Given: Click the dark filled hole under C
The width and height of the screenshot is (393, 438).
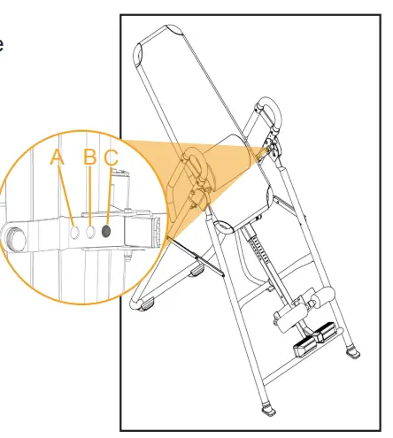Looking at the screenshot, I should pyautogui.click(x=107, y=231).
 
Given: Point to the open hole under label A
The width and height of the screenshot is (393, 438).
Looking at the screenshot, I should pyautogui.click(x=75, y=231).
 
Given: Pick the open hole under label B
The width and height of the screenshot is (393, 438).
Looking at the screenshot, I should pyautogui.click(x=91, y=231).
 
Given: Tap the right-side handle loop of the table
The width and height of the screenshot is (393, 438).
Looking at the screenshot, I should pyautogui.click(x=266, y=112).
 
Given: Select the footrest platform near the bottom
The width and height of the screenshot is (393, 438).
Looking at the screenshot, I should pyautogui.click(x=314, y=335).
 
